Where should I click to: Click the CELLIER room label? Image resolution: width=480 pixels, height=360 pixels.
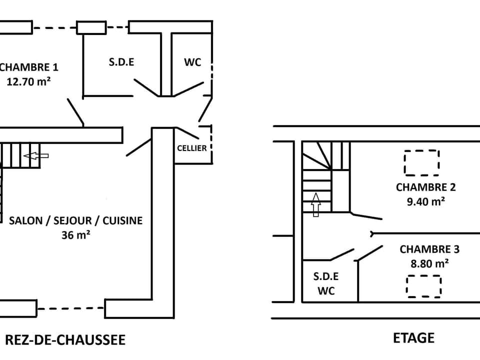[x=192, y=148]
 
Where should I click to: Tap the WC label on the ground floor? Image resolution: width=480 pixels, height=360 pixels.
[x=192, y=62]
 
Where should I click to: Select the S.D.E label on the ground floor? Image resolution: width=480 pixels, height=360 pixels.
[x=122, y=62]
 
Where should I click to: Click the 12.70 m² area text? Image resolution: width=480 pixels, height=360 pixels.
[x=28, y=81]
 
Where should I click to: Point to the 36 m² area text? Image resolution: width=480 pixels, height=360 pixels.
[x=76, y=234]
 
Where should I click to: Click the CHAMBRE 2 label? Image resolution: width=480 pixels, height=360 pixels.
[x=425, y=187]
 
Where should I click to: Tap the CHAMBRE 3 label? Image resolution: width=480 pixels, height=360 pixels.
[x=429, y=249]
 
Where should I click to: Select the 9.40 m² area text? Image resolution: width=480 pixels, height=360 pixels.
[x=425, y=201]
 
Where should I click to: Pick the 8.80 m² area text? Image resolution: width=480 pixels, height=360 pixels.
[x=429, y=263]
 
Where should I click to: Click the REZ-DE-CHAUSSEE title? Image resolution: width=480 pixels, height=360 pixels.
[x=65, y=340]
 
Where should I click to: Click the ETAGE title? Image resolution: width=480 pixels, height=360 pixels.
[x=413, y=338]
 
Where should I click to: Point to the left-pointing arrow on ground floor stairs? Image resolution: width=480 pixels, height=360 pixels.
[x=36, y=156]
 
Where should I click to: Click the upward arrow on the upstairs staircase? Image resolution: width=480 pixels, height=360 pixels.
[x=316, y=205]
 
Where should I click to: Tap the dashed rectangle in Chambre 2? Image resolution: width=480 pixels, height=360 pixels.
[x=421, y=162]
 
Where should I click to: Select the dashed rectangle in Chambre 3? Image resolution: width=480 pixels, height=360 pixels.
[x=423, y=286]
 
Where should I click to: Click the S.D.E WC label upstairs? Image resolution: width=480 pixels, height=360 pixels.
[x=326, y=283]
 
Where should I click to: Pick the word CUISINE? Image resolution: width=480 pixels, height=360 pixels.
[x=123, y=220]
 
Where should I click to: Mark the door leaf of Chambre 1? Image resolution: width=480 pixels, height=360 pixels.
[x=75, y=112]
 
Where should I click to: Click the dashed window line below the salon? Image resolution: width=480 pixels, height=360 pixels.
[x=70, y=308]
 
